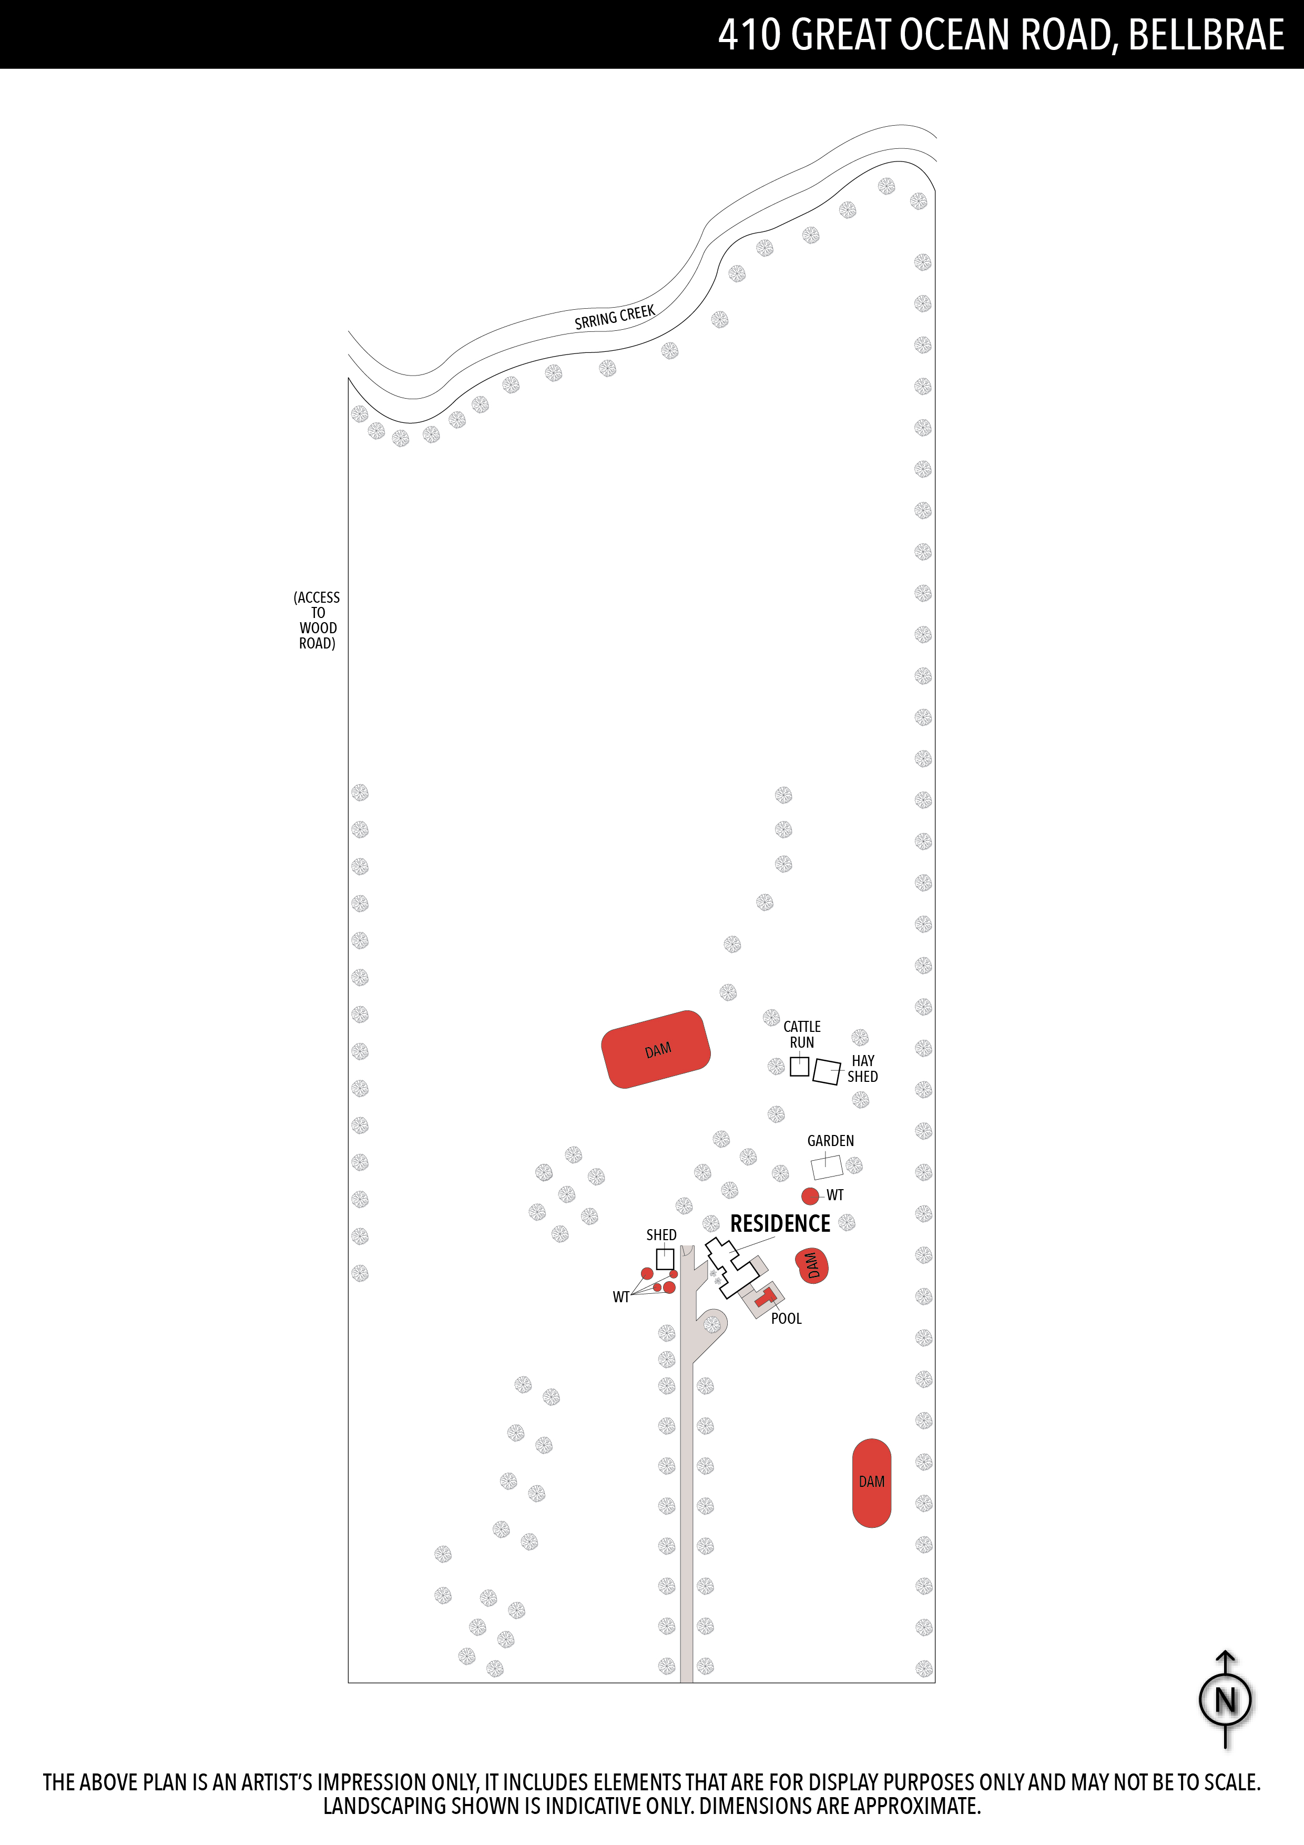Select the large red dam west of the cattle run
click(656, 1049)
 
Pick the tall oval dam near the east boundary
click(872, 1483)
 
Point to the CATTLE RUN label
click(802, 1034)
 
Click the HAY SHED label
click(862, 1069)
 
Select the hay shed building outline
click(827, 1071)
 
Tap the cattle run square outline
click(799, 1066)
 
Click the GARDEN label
click(831, 1141)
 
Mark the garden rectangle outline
click(827, 1167)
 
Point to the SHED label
click(661, 1235)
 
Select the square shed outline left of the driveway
click(665, 1259)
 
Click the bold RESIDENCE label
click(780, 1224)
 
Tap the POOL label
click(787, 1319)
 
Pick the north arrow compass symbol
click(1225, 1699)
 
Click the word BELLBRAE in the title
click(1206, 35)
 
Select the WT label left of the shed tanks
click(621, 1297)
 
